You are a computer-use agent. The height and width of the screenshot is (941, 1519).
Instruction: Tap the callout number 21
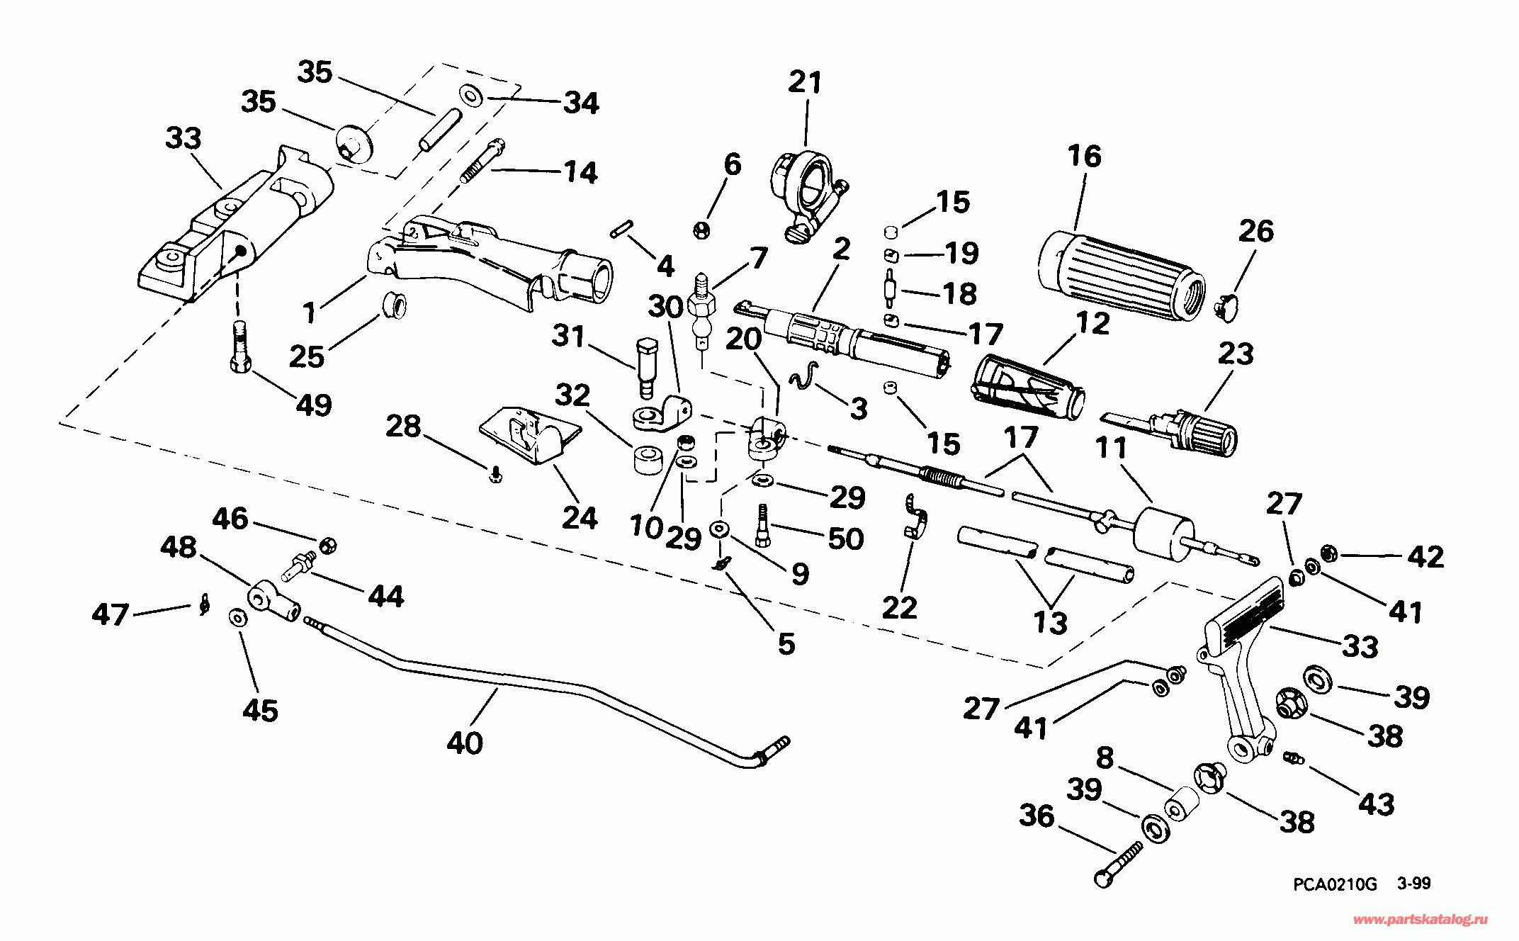click(806, 83)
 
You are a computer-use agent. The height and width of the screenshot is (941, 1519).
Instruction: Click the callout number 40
click(465, 743)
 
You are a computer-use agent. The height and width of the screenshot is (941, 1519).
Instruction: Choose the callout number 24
click(580, 518)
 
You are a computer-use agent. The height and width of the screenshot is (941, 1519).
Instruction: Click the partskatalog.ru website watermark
click(1421, 920)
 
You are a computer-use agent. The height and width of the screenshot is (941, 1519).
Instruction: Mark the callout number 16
click(1084, 157)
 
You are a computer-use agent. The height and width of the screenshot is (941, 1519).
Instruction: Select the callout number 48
click(179, 548)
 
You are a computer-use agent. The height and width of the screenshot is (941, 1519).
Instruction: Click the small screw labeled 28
click(495, 475)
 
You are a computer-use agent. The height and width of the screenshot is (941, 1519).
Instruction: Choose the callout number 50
click(847, 539)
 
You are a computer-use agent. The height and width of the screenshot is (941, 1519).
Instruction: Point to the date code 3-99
click(1414, 884)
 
